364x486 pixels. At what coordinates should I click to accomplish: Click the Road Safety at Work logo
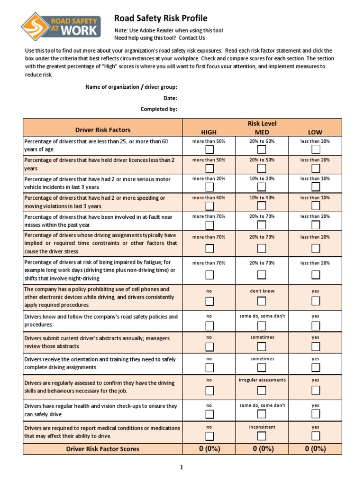[61, 25]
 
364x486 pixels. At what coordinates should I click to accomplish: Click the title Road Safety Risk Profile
[161, 19]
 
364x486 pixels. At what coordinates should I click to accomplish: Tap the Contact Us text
[192, 38]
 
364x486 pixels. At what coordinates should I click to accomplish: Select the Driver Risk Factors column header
[103, 130]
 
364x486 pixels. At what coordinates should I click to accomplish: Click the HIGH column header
[209, 132]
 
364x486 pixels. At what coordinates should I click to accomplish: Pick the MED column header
[262, 132]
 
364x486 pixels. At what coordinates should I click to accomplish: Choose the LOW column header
[315, 132]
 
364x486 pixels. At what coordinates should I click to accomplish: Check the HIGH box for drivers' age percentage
[209, 150]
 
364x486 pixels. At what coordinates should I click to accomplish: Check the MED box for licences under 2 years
[262, 168]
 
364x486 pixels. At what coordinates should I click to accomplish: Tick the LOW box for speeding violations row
[316, 206]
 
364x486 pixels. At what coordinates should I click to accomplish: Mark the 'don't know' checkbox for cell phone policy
[262, 301]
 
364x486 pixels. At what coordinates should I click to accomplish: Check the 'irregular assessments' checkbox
[262, 390]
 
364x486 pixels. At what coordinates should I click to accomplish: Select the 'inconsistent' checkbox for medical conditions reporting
[262, 436]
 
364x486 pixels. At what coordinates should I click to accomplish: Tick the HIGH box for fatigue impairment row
[209, 275]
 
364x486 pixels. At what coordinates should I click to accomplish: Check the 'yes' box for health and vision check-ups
[316, 415]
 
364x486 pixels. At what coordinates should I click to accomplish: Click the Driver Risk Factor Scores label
[103, 449]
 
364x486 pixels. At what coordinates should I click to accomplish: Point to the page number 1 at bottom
[181, 467]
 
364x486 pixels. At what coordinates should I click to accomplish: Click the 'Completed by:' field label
[159, 109]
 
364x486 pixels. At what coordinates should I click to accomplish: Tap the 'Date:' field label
[170, 98]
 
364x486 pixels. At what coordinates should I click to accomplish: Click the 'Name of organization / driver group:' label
[131, 87]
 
